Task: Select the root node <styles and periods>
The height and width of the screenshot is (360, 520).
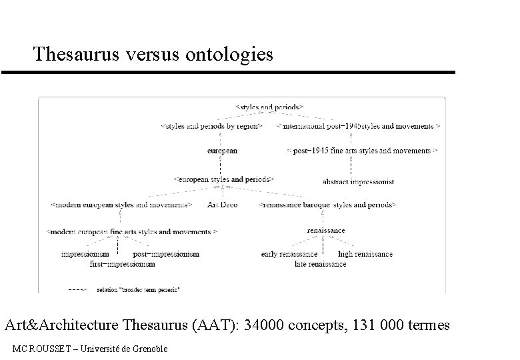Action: point(270,106)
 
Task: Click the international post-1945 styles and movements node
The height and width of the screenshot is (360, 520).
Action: point(358,125)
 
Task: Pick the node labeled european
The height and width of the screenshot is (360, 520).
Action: point(222,151)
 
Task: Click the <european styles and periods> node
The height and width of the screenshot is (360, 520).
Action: point(223,179)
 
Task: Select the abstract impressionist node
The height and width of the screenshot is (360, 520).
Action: point(358,181)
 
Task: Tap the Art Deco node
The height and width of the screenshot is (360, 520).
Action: point(223,205)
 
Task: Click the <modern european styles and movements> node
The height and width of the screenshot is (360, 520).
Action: point(122,205)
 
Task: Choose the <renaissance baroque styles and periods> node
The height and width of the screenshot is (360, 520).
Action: point(327,205)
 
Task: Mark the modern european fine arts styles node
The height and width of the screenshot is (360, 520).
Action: point(131,231)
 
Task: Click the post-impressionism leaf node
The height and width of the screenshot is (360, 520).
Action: point(166,254)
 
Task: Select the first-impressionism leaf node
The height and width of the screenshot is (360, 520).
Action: point(122,264)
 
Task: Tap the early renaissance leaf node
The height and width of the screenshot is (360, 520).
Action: point(289,254)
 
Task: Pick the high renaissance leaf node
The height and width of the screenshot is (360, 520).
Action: point(365,254)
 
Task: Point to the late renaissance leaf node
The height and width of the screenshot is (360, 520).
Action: point(320,264)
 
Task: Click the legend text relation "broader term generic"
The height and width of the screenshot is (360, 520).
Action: point(138,290)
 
